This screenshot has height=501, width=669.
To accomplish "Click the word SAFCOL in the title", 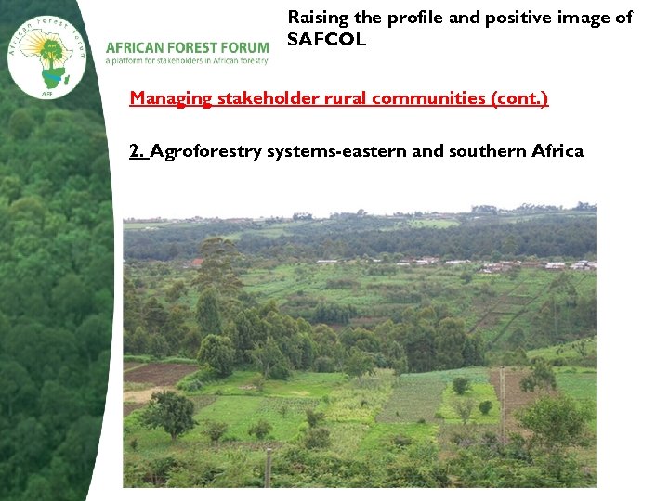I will tap(327, 40).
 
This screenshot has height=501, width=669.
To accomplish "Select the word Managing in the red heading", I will tap(172, 97).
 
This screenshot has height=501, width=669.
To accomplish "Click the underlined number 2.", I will tap(138, 151).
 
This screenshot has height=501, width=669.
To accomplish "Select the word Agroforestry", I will tap(206, 151).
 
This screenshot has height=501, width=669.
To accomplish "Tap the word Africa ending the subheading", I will tap(557, 151).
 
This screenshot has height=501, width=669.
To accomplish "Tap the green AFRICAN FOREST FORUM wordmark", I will tap(187, 47).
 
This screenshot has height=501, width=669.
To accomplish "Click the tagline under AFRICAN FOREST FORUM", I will tap(187, 61).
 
